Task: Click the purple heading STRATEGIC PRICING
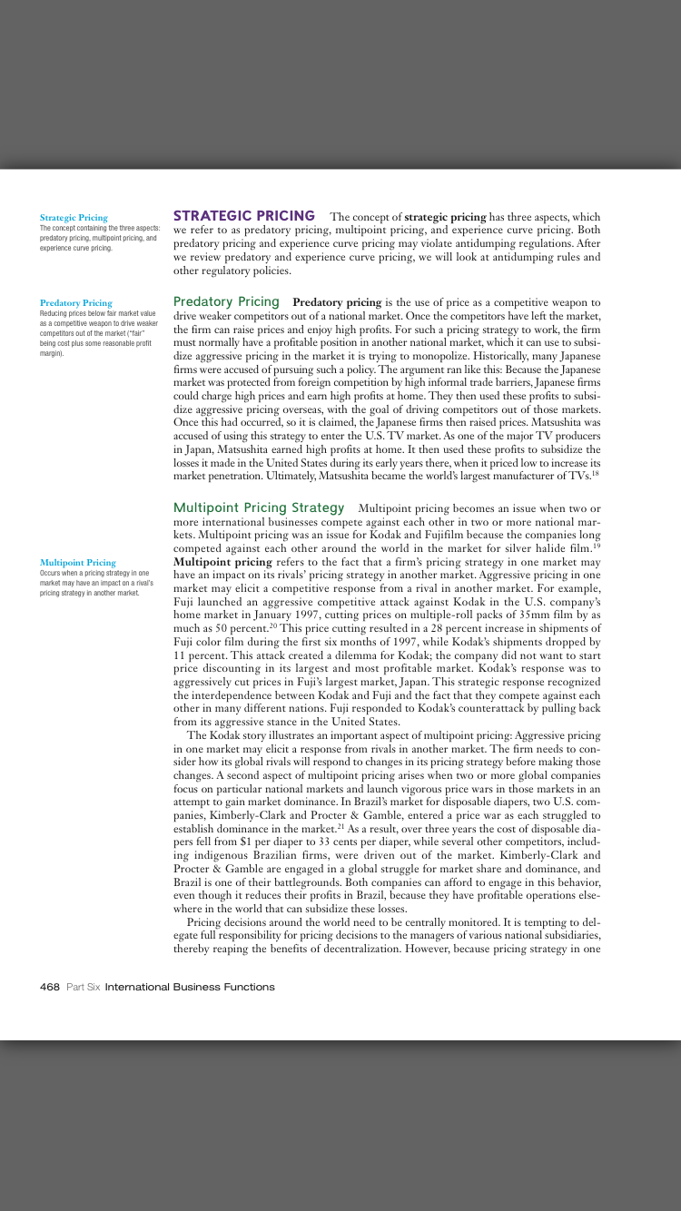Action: point(243,216)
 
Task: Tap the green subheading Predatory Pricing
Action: point(226,301)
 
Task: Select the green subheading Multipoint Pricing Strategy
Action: point(259,507)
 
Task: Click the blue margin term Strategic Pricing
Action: point(74,218)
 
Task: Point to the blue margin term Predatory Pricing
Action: point(76,303)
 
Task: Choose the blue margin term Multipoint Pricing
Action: point(78,563)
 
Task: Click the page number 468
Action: point(50,987)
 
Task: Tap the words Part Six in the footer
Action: point(83,987)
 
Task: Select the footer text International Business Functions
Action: point(190,987)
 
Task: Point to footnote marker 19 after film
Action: point(596,545)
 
